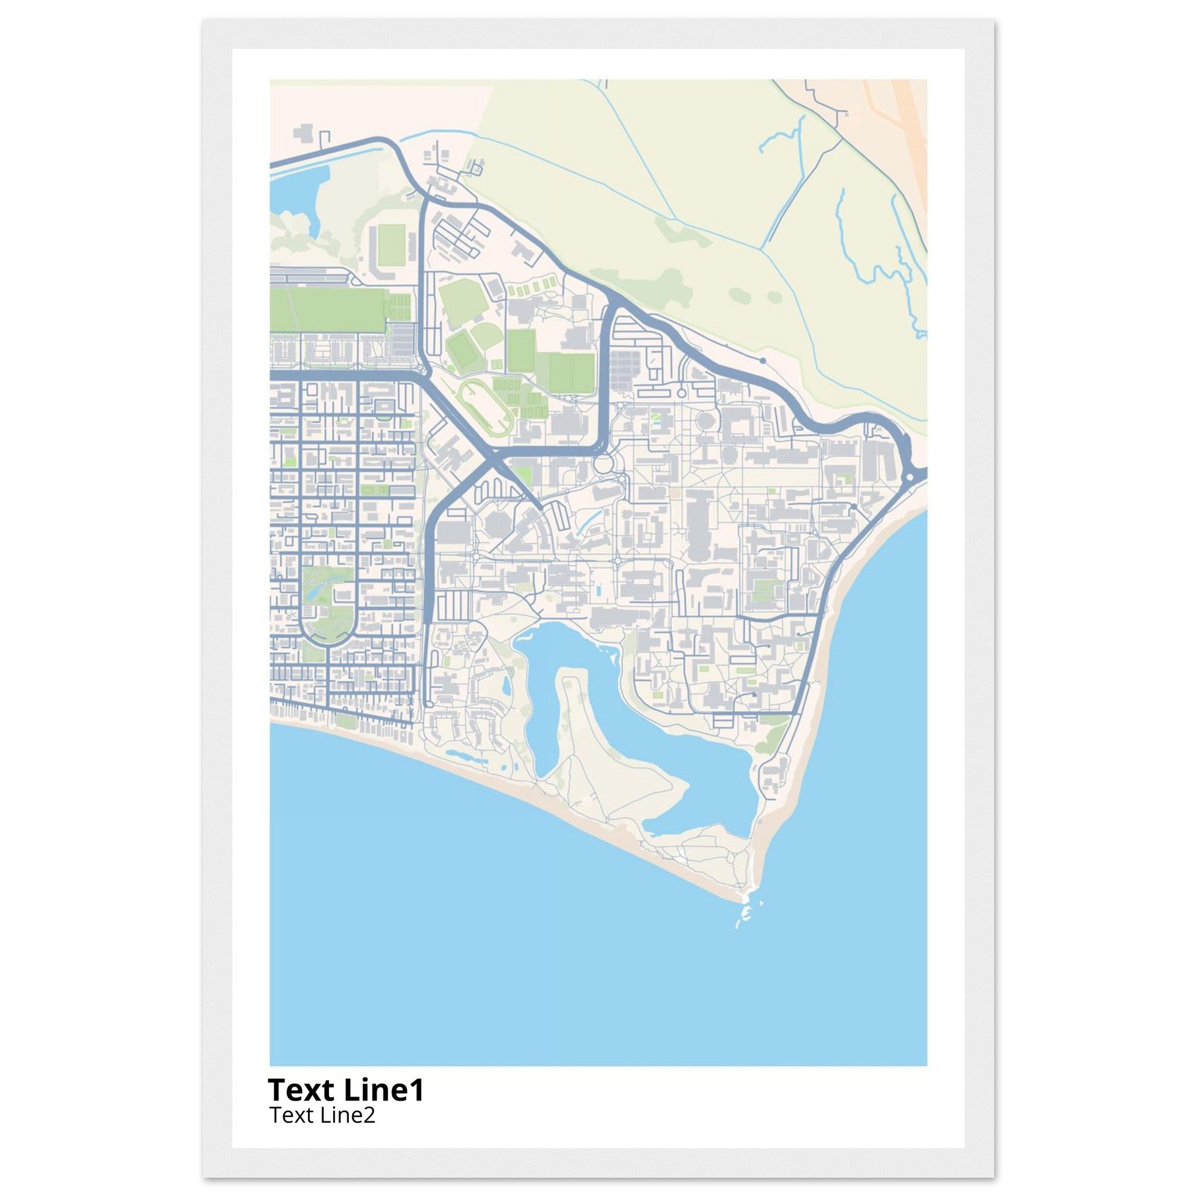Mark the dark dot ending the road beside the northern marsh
tap(763, 360)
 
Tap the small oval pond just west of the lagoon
tap(507, 684)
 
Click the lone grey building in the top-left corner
tap(303, 133)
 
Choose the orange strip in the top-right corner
tap(905, 112)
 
